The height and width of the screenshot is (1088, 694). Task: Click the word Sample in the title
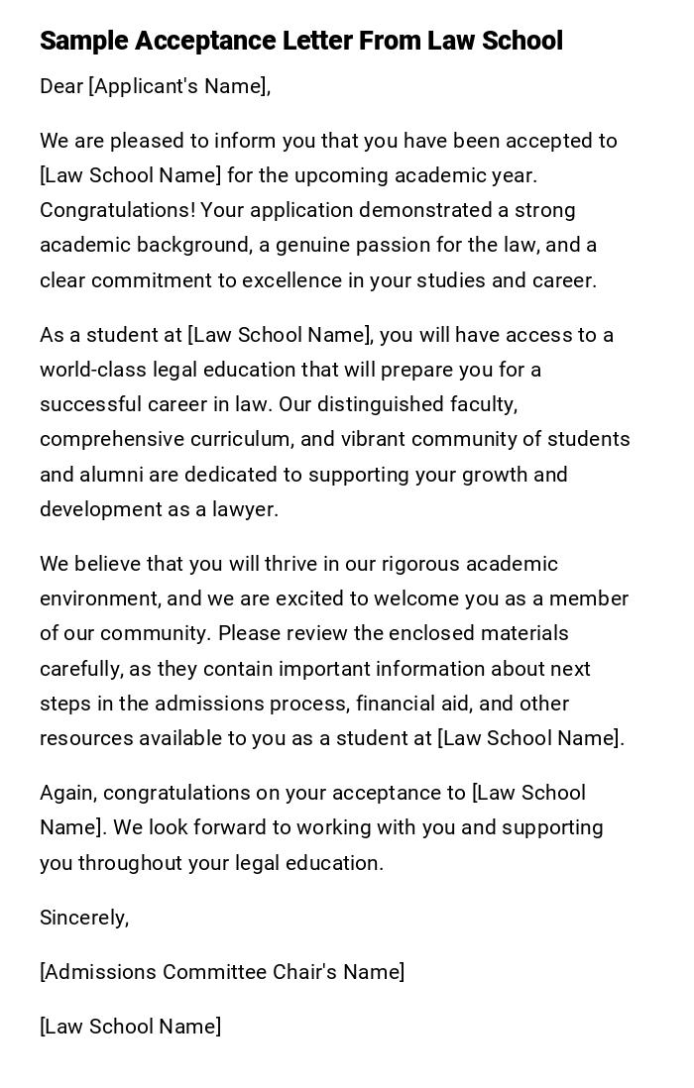pyautogui.click(x=83, y=41)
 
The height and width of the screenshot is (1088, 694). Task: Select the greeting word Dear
pyautogui.click(x=61, y=86)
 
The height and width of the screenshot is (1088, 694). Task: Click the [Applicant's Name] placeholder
pyautogui.click(x=179, y=86)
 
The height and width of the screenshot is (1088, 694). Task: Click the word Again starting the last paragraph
pyautogui.click(x=67, y=793)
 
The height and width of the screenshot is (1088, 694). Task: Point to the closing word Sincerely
pyautogui.click(x=83, y=918)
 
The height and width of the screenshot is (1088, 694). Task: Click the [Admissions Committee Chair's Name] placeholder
pyautogui.click(x=222, y=972)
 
